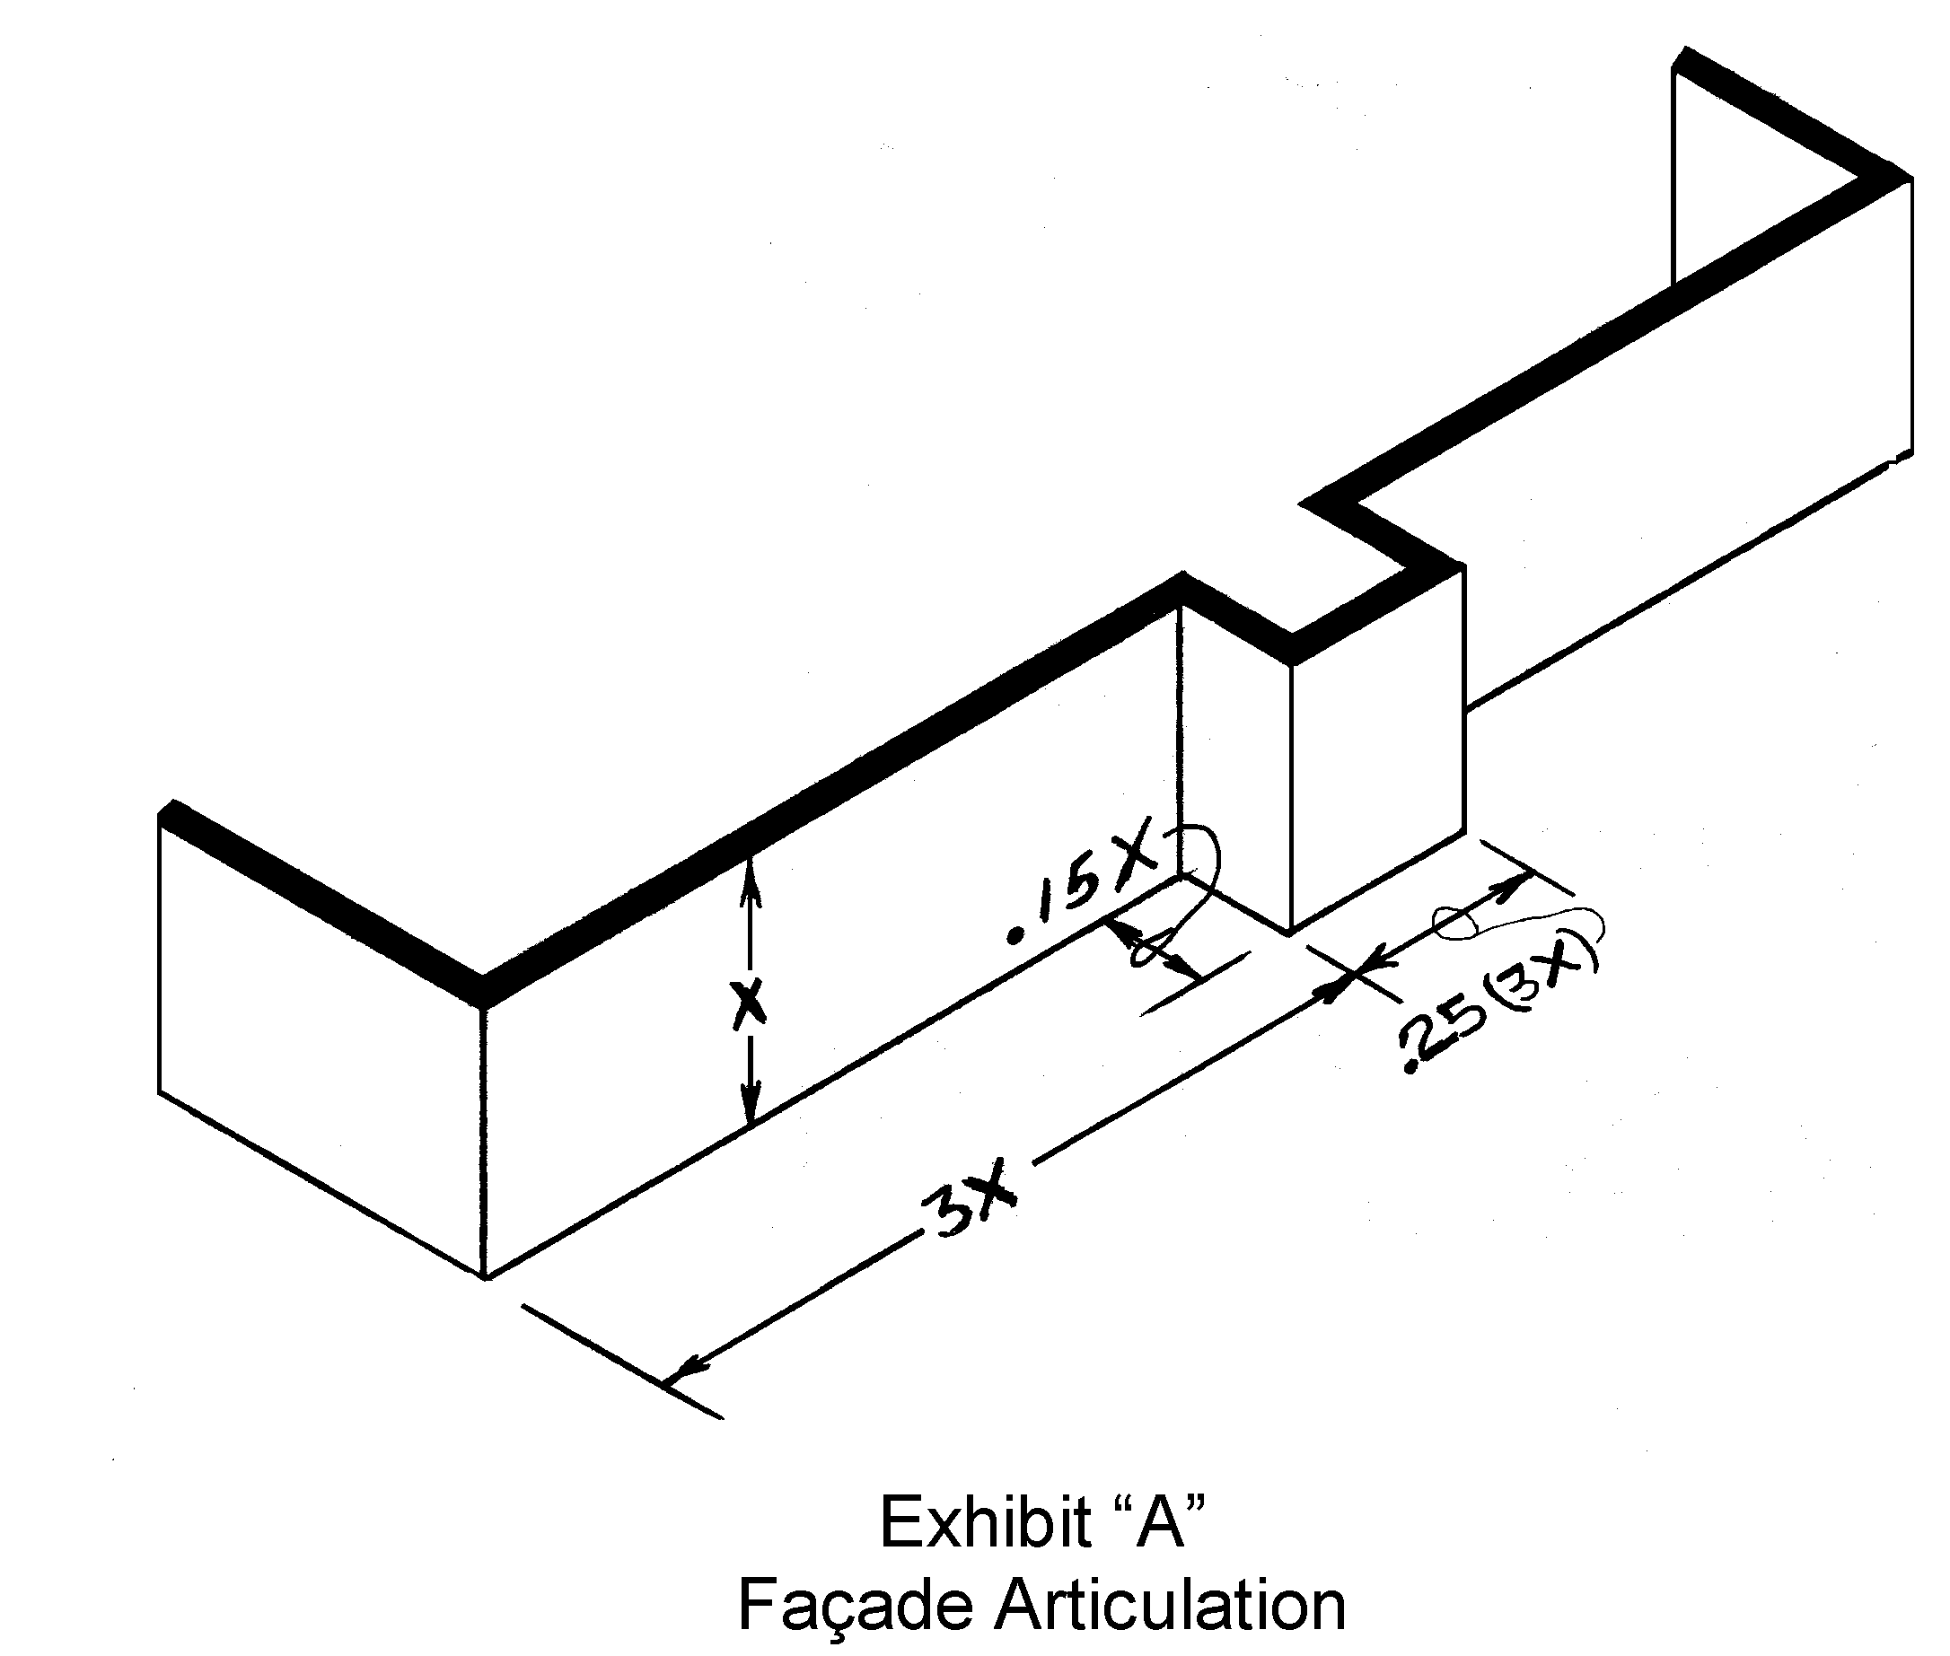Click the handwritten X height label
[747, 1004]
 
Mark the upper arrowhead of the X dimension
[749, 878]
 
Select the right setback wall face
[1690, 451]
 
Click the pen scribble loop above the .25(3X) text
[1460, 921]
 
